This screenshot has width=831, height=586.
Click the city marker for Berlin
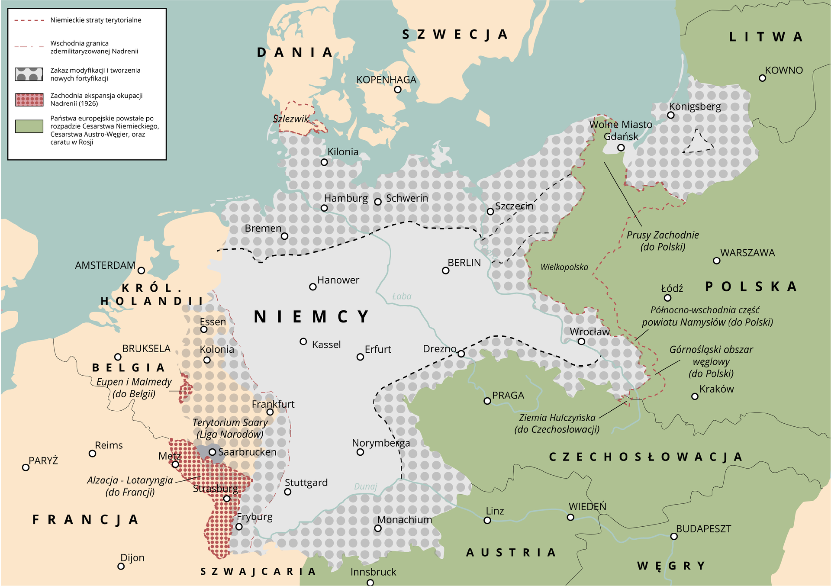[x=445, y=270]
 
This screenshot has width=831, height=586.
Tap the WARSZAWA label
[x=747, y=253]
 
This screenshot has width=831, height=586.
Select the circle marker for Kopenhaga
[x=398, y=90]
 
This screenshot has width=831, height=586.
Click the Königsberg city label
[x=695, y=106]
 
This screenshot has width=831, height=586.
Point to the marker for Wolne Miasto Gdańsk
[x=621, y=148]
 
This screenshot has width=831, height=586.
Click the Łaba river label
[x=401, y=296]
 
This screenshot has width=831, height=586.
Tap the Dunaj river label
[x=366, y=486]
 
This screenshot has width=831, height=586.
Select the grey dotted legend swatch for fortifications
[x=29, y=74]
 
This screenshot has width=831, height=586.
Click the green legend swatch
[x=29, y=126]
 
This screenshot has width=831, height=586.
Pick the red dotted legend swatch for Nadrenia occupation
[x=29, y=100]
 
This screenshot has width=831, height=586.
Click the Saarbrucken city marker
[x=212, y=452]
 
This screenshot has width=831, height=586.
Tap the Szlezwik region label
[x=291, y=119]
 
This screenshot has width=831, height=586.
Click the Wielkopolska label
[x=564, y=267]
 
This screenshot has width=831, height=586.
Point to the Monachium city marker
[x=378, y=528]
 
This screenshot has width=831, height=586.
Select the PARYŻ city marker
[x=26, y=467]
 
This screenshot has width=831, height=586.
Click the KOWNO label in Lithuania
[x=783, y=70]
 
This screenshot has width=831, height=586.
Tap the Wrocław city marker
[x=581, y=341]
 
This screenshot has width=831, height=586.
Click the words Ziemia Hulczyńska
[x=557, y=418]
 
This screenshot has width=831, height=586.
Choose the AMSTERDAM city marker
[x=141, y=270]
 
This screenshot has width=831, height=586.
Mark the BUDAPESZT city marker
[x=673, y=536]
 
